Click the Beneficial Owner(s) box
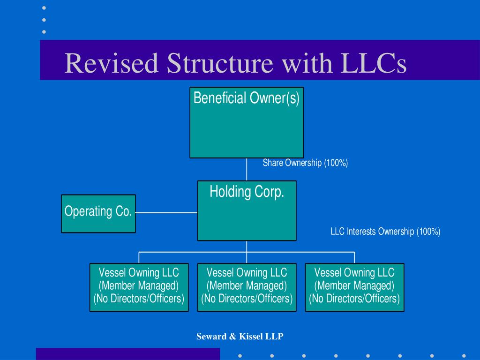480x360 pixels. point(247,122)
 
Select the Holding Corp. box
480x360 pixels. point(247,210)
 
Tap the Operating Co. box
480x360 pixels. point(98,214)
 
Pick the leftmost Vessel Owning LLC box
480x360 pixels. point(139,287)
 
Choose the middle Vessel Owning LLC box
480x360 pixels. point(247,287)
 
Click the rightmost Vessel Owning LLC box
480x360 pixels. point(354,287)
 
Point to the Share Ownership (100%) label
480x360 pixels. point(305,163)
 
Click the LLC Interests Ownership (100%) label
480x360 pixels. point(385,232)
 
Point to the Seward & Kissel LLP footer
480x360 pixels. point(240,337)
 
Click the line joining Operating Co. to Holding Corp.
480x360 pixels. point(166,213)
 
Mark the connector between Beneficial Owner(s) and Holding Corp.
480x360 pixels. point(247,169)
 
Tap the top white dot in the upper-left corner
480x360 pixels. point(44,8)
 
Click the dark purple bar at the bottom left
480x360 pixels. point(127,354)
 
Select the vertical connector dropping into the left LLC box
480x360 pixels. point(139,257)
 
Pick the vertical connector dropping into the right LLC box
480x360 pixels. point(354,257)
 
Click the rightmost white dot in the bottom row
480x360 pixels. point(463,355)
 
